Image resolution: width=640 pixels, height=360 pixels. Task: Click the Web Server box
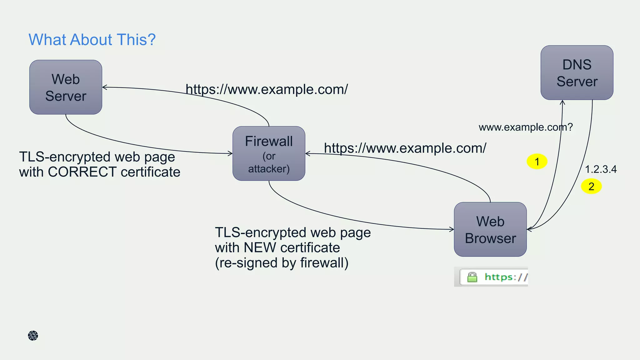click(x=66, y=87)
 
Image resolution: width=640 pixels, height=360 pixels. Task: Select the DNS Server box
click(x=577, y=73)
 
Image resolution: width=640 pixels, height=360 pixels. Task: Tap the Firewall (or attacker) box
click(x=269, y=153)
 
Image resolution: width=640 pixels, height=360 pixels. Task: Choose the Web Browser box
click(x=490, y=229)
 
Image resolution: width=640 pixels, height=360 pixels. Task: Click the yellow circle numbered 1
click(x=537, y=162)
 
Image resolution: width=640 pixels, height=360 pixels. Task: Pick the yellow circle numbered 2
click(x=591, y=186)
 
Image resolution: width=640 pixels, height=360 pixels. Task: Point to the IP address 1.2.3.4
click(x=601, y=169)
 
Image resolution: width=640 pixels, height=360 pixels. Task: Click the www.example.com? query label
click(x=526, y=127)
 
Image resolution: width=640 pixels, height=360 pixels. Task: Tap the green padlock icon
click(x=472, y=277)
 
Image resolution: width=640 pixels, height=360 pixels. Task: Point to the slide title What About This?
click(x=92, y=40)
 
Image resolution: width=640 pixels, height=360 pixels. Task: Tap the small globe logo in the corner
click(x=33, y=336)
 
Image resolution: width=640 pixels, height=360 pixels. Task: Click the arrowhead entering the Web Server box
click(x=105, y=87)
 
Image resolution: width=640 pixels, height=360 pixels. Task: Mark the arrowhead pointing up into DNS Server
click(x=562, y=102)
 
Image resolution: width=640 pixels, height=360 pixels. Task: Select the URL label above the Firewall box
click(x=267, y=89)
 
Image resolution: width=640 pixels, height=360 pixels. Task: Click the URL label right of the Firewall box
click(x=405, y=148)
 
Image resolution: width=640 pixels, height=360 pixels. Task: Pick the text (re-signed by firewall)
click(x=282, y=263)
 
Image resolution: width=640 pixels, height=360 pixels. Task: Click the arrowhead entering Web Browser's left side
click(x=452, y=229)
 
